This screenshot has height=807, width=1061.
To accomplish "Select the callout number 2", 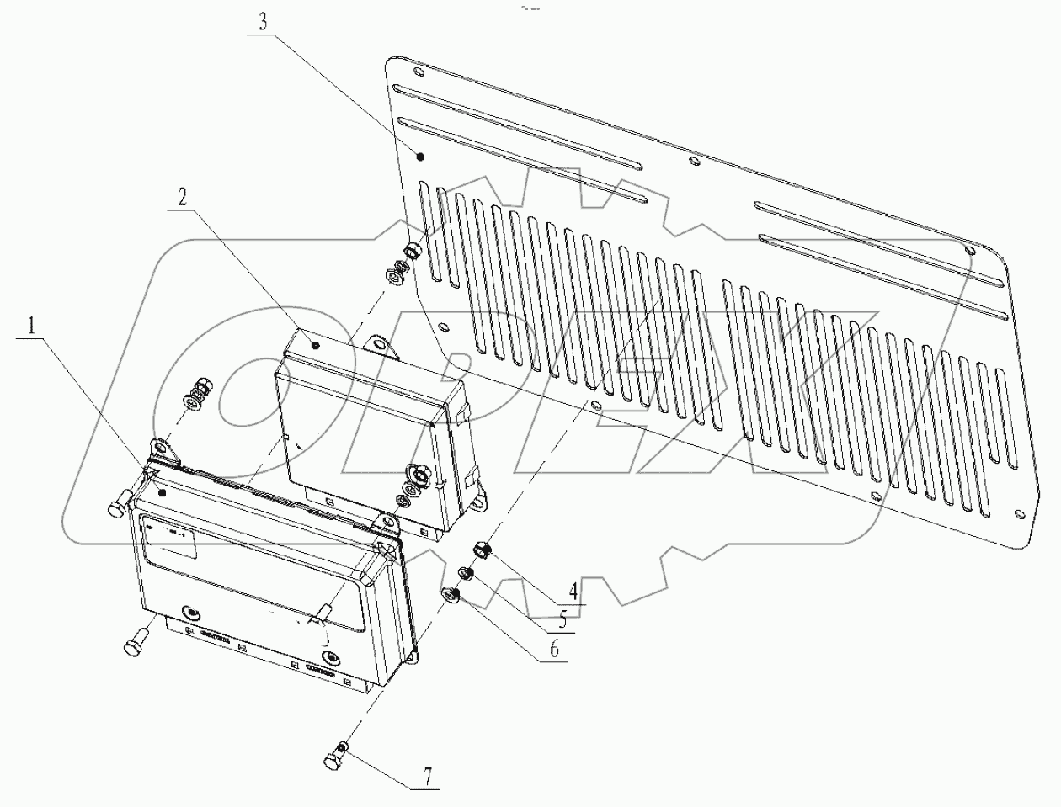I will tap(183, 198).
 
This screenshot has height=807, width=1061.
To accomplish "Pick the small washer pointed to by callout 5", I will tap(464, 575).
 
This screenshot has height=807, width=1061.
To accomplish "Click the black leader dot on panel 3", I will tap(421, 157).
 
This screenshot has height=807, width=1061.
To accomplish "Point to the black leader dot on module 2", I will tap(315, 344).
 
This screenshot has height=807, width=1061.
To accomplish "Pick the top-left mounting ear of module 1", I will tap(163, 450).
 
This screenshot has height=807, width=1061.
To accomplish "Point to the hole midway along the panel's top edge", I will tap(692, 162).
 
